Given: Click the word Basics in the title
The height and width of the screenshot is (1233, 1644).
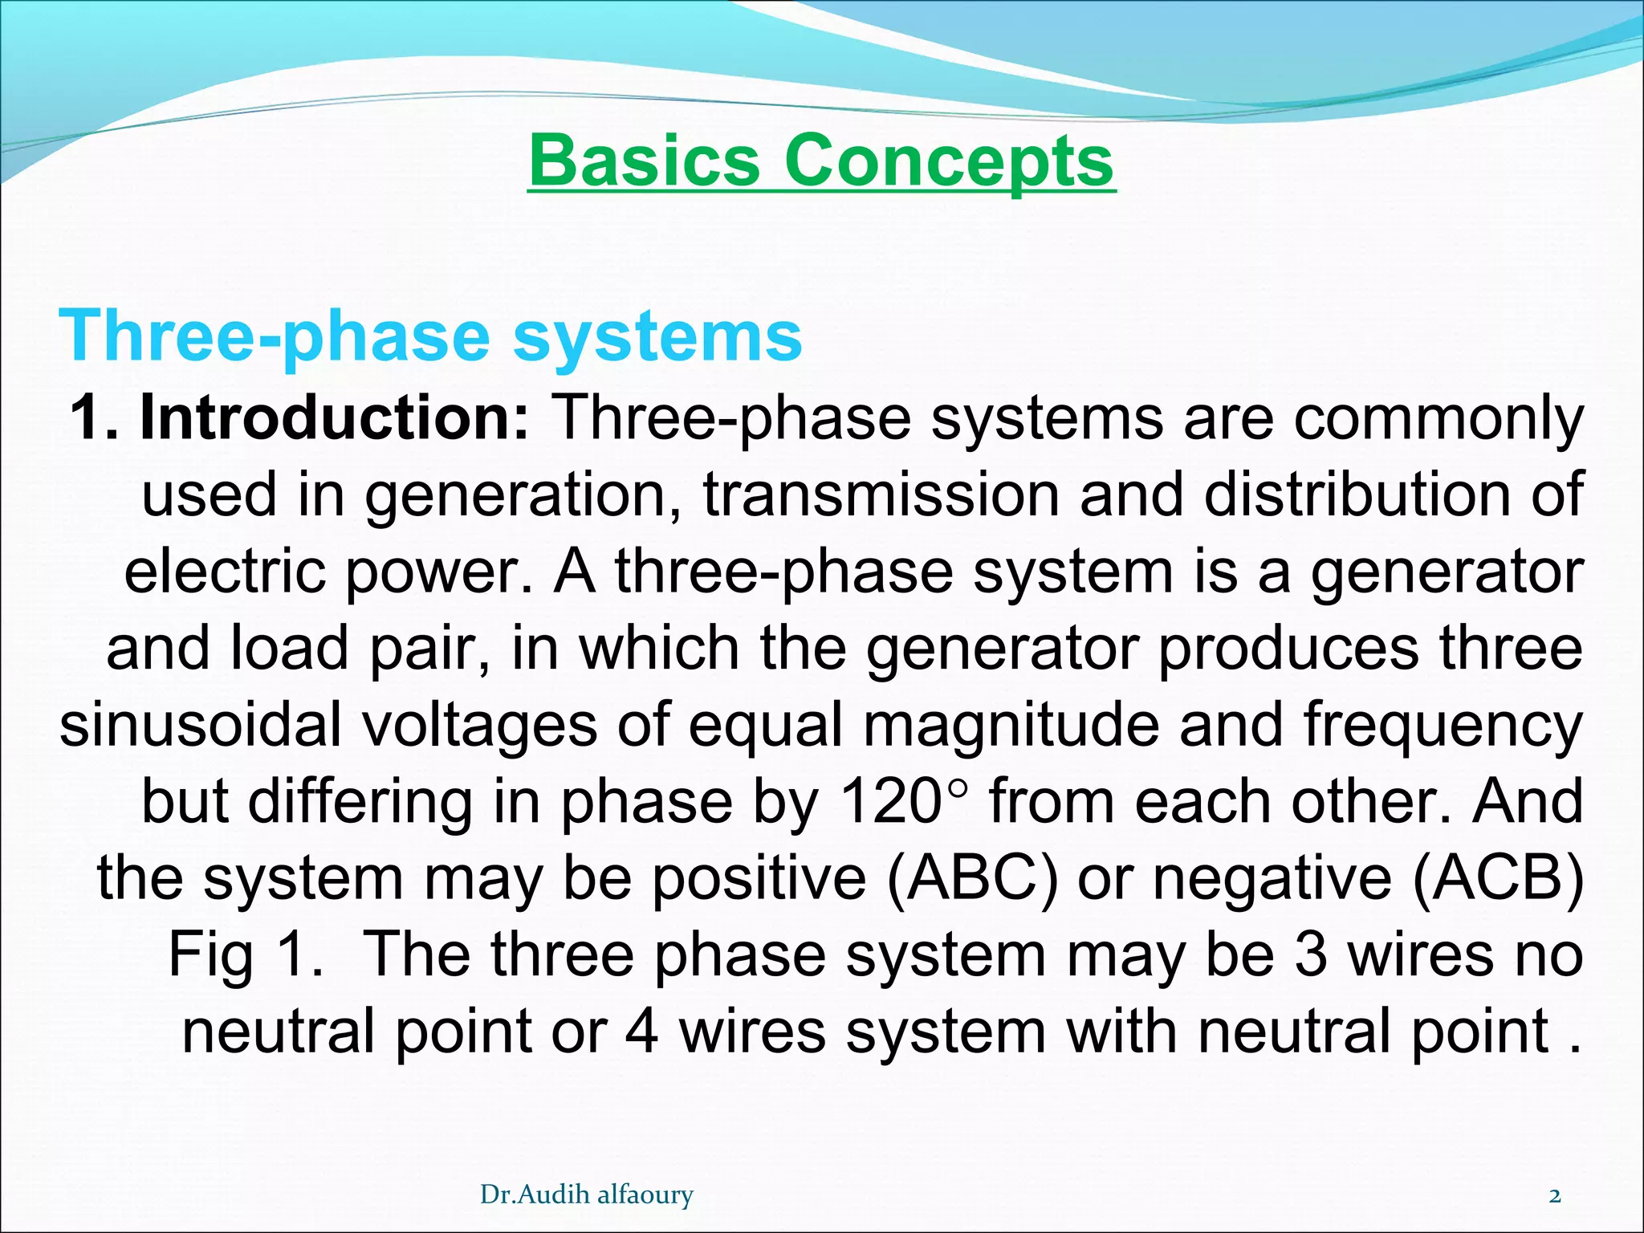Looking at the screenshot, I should [x=644, y=161].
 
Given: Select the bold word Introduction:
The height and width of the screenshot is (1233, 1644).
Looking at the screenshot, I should [x=334, y=418].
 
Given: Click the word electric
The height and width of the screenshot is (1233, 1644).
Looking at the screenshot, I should [x=226, y=572].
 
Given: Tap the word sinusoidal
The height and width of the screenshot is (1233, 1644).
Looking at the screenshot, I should [x=201, y=725].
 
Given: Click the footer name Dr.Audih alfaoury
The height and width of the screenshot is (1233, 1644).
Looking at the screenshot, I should [x=586, y=1195].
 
